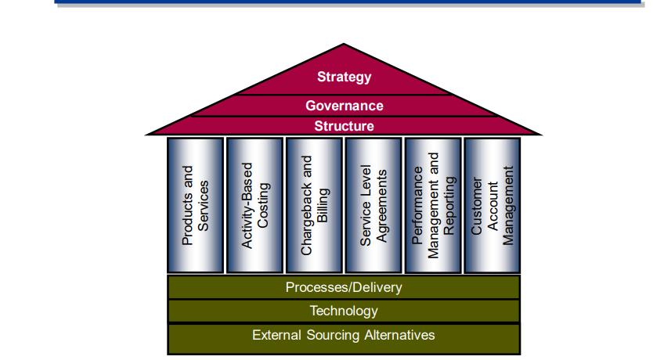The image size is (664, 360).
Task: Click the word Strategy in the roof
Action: click(344, 77)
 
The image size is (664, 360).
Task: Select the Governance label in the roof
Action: click(344, 106)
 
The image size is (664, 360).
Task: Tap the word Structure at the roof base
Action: click(344, 126)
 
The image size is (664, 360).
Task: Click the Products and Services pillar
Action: click(195, 205)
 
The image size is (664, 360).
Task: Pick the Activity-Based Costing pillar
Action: click(254, 205)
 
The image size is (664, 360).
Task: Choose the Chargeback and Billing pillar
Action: click(314, 205)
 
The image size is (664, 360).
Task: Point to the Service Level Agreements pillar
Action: click(373, 205)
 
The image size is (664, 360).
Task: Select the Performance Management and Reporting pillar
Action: click(433, 205)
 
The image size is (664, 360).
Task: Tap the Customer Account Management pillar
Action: click(493, 205)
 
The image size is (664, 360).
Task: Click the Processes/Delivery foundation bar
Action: click(344, 287)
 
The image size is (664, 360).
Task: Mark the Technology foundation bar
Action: click(344, 311)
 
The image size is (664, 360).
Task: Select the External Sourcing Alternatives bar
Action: click(344, 335)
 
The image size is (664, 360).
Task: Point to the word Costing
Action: click(264, 206)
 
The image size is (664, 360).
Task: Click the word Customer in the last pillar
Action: click(476, 204)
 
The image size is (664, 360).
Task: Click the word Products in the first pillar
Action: click(188, 205)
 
